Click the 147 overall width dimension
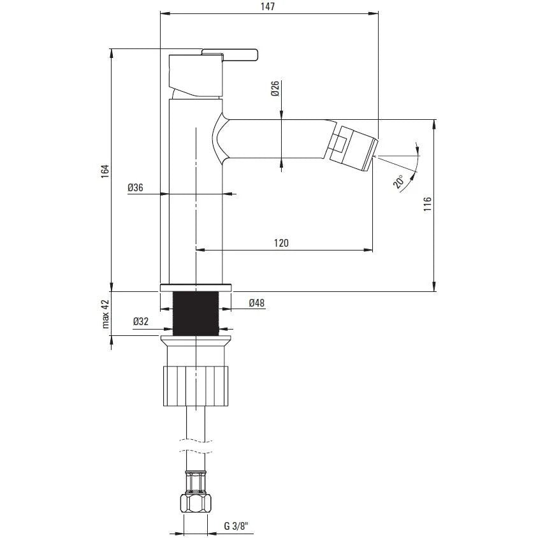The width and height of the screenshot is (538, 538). tap(268, 6)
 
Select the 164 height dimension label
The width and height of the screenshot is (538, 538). tap(105, 171)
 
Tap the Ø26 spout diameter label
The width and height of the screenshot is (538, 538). tap(275, 89)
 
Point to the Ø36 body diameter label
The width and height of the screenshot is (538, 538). tap(135, 187)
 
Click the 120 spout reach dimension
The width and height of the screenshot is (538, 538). tap(281, 243)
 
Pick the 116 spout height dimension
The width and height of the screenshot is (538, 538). tap(427, 204)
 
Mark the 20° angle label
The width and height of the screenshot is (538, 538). tap(399, 182)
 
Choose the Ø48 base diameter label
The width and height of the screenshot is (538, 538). tap(257, 303)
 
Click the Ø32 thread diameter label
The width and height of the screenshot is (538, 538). tap(141, 321)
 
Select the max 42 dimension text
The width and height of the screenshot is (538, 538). tap(105, 314)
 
